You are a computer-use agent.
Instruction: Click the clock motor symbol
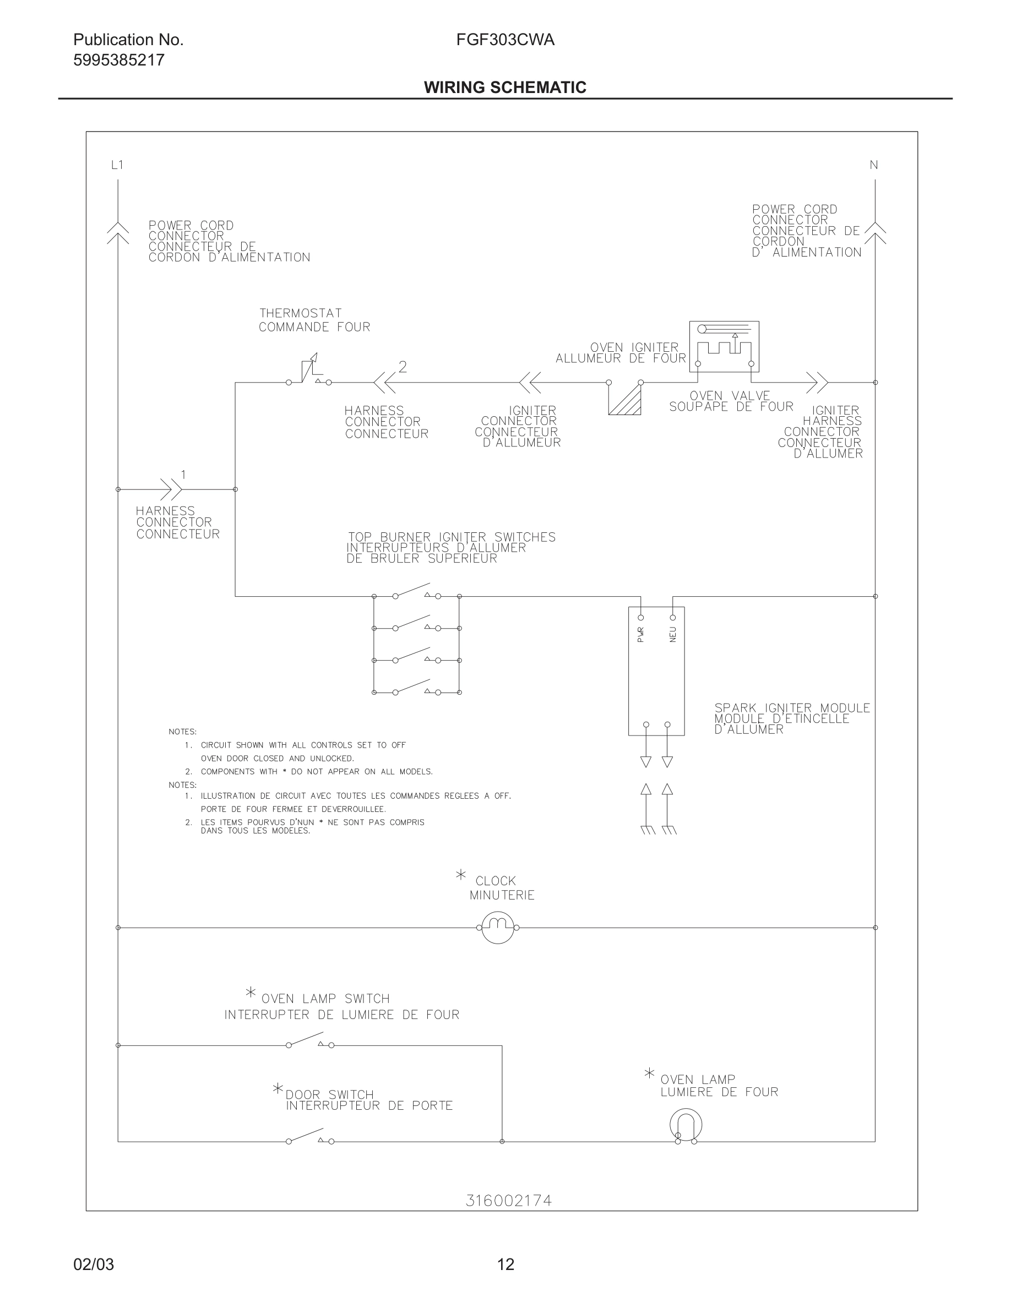498,928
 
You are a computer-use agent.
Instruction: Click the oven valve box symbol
724,346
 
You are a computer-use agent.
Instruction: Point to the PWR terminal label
641,634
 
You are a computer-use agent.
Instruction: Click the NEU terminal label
672,634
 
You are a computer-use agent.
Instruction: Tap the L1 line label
117,165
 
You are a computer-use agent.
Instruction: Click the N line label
874,165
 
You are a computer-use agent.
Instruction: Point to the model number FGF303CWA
505,40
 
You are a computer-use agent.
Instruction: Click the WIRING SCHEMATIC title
505,88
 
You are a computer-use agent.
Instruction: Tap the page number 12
506,1265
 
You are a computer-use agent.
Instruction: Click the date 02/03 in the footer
94,1265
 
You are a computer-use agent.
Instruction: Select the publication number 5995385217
118,60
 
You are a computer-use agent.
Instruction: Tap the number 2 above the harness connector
403,367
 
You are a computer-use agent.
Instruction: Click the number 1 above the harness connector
183,475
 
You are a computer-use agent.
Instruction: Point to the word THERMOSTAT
301,313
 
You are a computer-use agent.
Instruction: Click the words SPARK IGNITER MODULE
792,708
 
